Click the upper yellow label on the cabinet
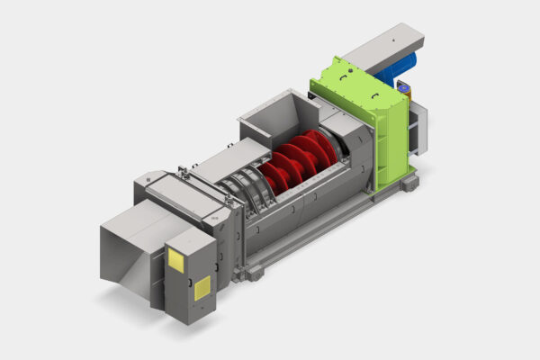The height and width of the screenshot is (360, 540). pyautogui.click(x=175, y=259)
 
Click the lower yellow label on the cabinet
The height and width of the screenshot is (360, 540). pyautogui.click(x=202, y=287)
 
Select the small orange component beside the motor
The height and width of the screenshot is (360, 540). pyautogui.click(x=404, y=89)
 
